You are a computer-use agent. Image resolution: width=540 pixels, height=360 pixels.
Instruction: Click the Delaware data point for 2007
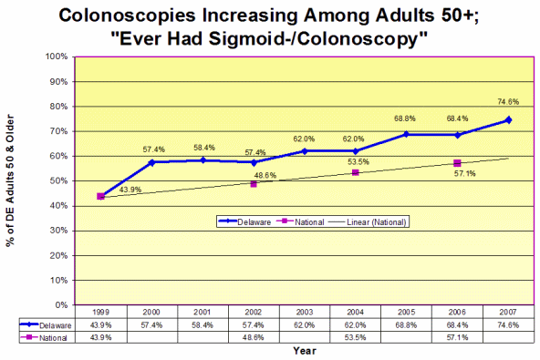tap(508, 119)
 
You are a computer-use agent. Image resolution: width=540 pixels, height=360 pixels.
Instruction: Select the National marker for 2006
tap(457, 163)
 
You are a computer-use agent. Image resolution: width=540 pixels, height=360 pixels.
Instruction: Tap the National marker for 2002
tap(254, 184)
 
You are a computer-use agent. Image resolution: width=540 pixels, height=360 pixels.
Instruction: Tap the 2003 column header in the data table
tap(305, 312)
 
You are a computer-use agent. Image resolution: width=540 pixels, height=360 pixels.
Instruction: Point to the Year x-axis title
tap(305, 350)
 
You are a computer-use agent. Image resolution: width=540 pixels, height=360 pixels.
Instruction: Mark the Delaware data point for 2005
tap(406, 134)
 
